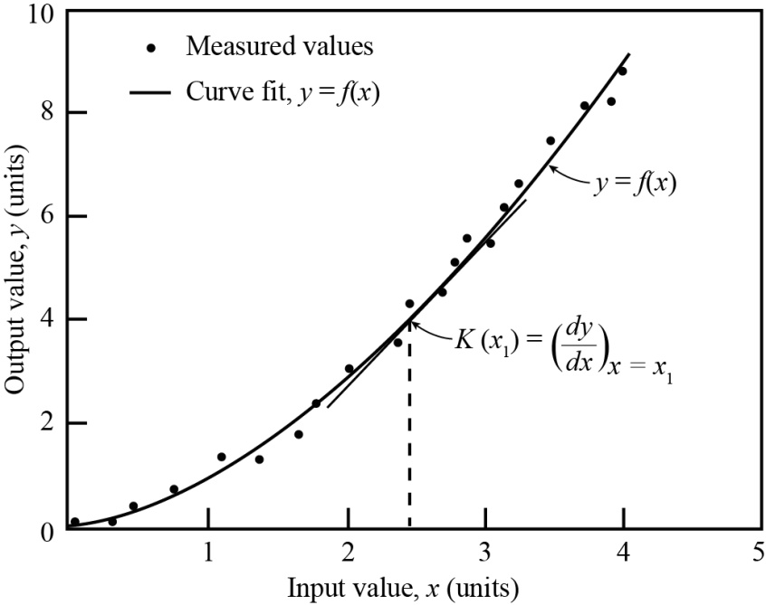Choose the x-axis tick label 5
[758, 551]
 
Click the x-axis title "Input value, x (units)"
[404, 587]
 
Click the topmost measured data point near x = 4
[622, 71]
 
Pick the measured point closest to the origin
[74, 522]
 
